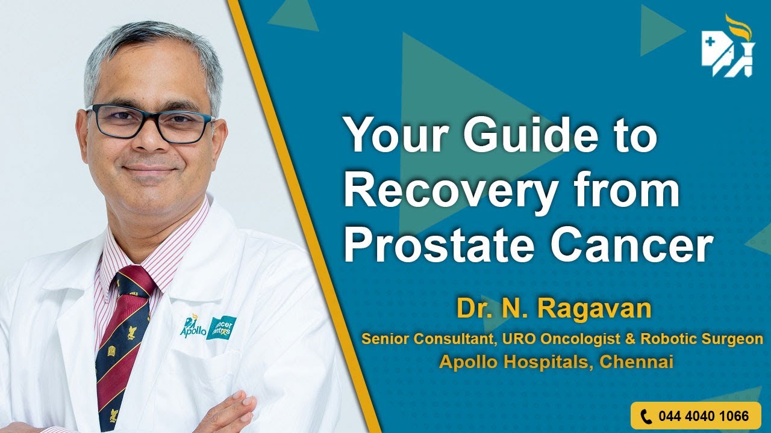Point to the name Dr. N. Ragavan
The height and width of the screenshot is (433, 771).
(x=554, y=309)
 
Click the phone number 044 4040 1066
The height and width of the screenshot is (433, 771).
(x=703, y=416)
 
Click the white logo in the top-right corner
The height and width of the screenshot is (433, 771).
(x=727, y=48)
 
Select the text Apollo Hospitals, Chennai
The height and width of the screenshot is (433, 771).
(x=555, y=361)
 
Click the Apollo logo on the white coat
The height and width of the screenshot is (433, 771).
(x=193, y=327)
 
